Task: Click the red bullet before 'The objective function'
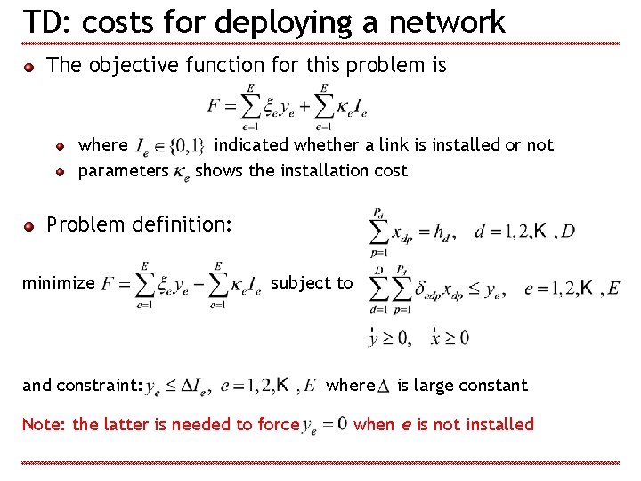[x=29, y=66]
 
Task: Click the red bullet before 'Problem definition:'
[x=29, y=226]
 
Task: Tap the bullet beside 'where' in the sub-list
[x=61, y=145]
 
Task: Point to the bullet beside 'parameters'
[x=61, y=171]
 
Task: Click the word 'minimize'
[x=59, y=283]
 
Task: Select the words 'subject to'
[x=312, y=282]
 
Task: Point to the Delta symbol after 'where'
[x=384, y=387]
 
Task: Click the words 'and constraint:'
[x=83, y=386]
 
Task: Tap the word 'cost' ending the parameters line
[x=391, y=170]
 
